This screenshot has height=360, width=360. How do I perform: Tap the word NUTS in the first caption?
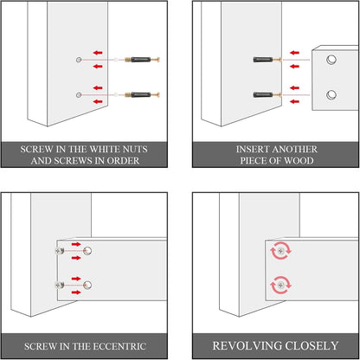point(135,149)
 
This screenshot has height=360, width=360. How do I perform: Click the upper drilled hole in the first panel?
point(79,60)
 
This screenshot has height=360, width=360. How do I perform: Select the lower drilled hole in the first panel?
point(79,95)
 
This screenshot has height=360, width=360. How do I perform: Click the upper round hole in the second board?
point(331,60)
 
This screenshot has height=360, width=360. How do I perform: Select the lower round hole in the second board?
point(331,95)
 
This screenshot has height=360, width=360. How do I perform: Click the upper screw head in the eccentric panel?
point(60,251)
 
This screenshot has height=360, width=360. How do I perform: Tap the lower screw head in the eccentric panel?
point(60,286)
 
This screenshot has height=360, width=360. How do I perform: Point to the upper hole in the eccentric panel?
point(87,251)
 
